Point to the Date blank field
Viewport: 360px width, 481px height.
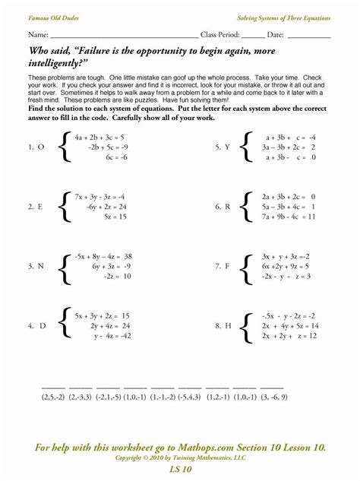coord(308,37)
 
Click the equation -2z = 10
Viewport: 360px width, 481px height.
coord(116,277)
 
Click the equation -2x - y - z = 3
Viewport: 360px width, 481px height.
coord(285,277)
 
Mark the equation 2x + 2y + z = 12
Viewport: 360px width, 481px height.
coord(287,336)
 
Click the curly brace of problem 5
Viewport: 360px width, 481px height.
coord(245,147)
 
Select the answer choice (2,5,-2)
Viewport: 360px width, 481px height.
coord(52,397)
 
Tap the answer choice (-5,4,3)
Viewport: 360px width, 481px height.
coord(185,397)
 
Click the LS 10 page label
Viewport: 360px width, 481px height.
coord(180,472)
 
